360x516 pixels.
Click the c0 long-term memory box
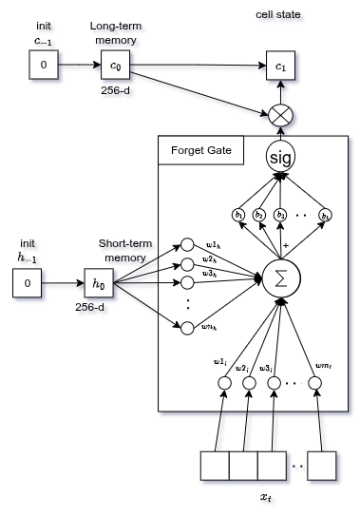(x=115, y=66)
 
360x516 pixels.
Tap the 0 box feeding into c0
(x=43, y=66)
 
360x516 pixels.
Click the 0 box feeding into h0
(x=28, y=283)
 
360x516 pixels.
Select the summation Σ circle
(x=280, y=278)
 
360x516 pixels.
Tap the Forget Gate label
(x=200, y=151)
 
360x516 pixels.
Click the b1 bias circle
(x=237, y=215)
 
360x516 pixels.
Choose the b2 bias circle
(x=259, y=215)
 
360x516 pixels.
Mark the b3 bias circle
(x=281, y=215)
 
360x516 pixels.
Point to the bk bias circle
(x=326, y=215)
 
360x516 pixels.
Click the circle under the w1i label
(x=225, y=383)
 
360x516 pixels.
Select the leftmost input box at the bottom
(x=215, y=466)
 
